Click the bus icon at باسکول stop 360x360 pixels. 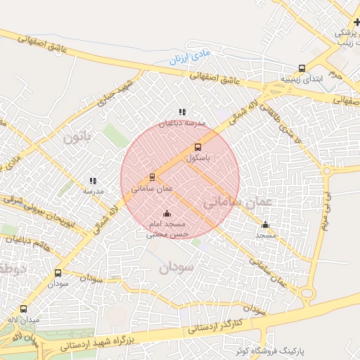[x=198, y=147]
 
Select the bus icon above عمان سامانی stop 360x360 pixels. [x=152, y=177]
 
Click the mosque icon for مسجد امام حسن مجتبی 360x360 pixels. [x=167, y=213]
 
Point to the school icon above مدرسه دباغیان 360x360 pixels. [x=182, y=112]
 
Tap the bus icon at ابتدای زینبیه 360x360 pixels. [x=302, y=69]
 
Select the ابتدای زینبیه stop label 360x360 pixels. [x=302, y=79]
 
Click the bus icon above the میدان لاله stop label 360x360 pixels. [x=24, y=309]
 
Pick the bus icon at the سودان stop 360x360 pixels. [x=58, y=273]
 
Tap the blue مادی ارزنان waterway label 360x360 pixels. [x=190, y=55]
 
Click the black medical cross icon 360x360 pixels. [x=356, y=22]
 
